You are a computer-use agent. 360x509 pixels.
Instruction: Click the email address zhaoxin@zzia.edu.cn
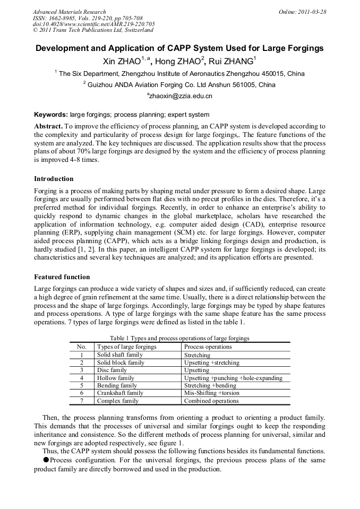[x=179, y=96]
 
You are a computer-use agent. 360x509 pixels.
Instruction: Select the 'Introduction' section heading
[x=54, y=179]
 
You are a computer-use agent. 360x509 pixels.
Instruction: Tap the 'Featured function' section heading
[x=62, y=277]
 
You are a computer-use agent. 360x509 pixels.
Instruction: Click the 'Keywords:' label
[x=51, y=115]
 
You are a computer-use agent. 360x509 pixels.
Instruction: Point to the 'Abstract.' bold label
[x=48, y=126]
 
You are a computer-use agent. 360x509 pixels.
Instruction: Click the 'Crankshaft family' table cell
[x=120, y=393]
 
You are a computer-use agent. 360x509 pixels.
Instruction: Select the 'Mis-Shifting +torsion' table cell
[x=211, y=393]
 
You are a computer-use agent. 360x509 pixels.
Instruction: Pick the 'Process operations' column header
[x=208, y=347]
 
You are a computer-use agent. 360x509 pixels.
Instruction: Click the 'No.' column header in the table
[x=81, y=347]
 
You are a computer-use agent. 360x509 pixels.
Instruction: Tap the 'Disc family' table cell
[x=112, y=370]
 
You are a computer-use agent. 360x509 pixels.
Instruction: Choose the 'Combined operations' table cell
[x=211, y=401]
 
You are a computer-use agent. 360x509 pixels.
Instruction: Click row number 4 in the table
[x=81, y=378]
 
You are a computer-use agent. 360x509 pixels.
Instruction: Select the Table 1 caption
[x=179, y=338]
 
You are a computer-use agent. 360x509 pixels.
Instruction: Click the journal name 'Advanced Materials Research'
[x=69, y=12]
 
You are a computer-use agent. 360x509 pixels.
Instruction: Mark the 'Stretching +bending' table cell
[x=210, y=385]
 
